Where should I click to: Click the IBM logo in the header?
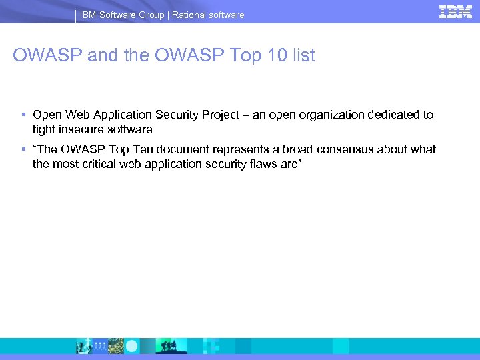455,11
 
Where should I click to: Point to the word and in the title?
101,55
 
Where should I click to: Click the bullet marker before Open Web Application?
23,115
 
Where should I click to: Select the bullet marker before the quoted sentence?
23,149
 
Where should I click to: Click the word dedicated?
394,115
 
